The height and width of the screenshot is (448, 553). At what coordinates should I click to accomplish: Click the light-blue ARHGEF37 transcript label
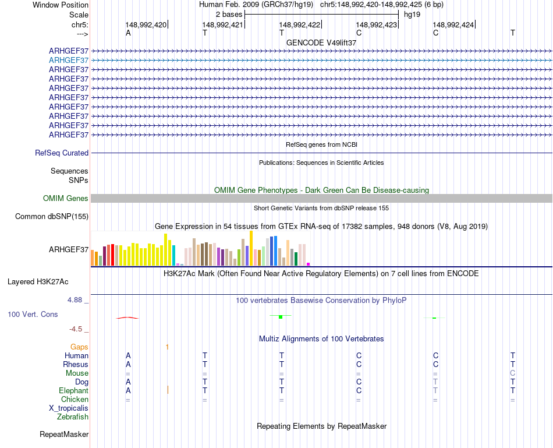click(69, 60)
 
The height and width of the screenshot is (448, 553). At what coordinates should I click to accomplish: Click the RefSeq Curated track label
click(62, 153)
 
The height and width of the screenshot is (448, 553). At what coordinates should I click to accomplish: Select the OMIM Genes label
click(66, 199)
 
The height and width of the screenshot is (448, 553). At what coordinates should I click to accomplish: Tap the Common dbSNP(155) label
click(52, 217)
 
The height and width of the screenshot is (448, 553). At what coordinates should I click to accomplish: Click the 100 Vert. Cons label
click(33, 315)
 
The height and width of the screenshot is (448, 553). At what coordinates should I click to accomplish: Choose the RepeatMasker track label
click(64, 435)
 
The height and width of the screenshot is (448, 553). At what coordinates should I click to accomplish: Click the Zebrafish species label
click(73, 417)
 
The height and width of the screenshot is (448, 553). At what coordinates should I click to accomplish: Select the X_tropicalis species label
click(69, 408)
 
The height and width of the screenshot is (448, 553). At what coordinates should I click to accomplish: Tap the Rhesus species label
click(76, 365)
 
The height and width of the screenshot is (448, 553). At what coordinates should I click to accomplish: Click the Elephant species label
click(73, 391)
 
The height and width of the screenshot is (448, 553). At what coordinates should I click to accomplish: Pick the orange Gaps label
click(79, 347)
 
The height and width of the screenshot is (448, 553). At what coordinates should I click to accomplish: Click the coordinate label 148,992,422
click(300, 25)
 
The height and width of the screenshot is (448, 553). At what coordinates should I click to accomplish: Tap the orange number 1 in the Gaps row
click(167, 347)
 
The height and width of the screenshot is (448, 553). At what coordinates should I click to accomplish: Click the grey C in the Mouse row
click(512, 373)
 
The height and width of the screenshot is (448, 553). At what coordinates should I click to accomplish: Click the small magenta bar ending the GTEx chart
click(309, 264)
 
